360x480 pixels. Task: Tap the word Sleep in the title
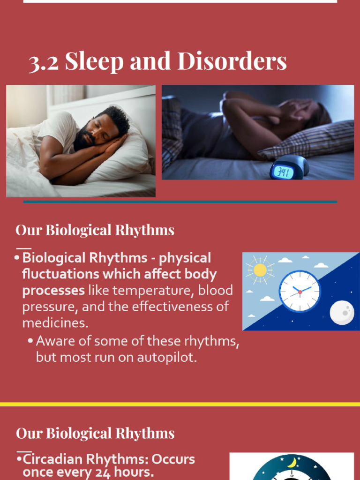(x=94, y=61)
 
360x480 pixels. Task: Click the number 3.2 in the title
(x=44, y=62)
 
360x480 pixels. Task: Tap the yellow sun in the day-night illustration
(x=259, y=270)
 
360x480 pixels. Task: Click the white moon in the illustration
(x=342, y=312)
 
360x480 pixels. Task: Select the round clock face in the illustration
(x=300, y=291)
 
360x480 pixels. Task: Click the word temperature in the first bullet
(x=151, y=290)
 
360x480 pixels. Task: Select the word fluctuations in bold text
(x=60, y=274)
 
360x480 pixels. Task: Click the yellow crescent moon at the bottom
(x=292, y=462)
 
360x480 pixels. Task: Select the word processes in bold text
(x=53, y=290)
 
